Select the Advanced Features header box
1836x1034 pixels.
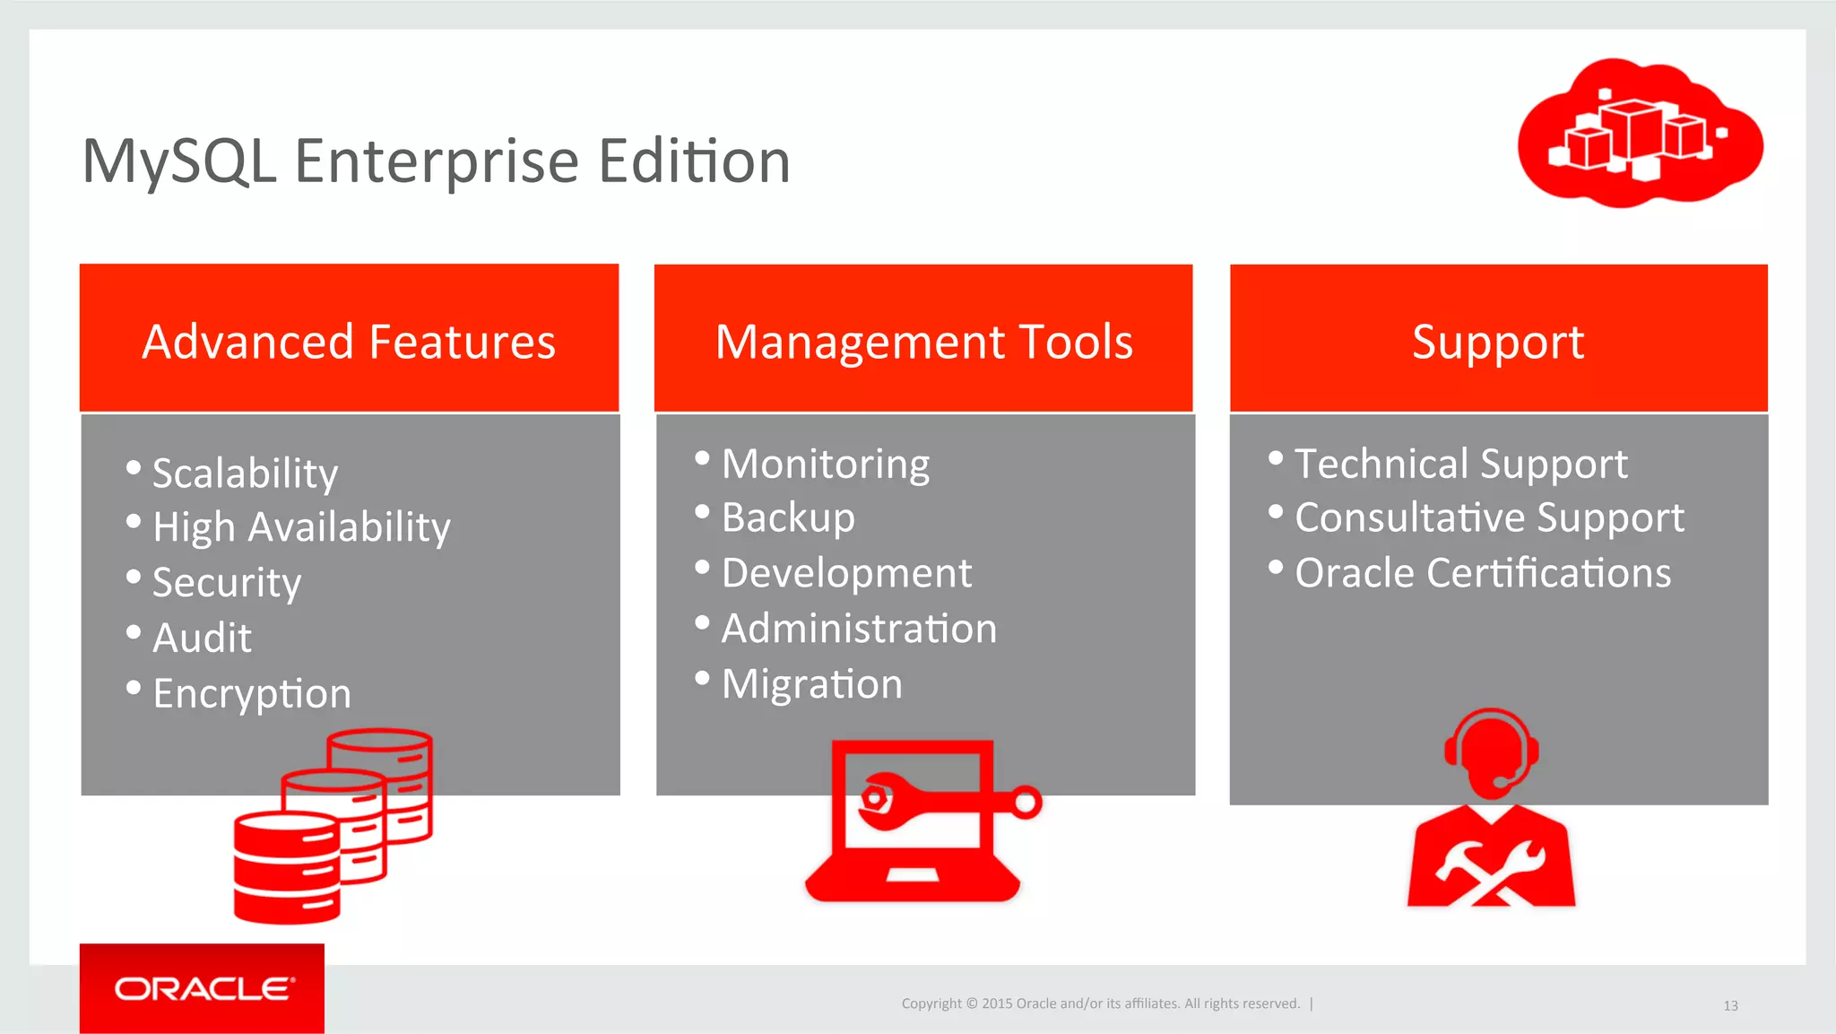pyautogui.click(x=349, y=339)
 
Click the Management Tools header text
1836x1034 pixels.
pyautogui.click(x=923, y=343)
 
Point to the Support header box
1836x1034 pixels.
pyautogui.click(x=1498, y=339)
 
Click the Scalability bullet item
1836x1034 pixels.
pyautogui.click(x=245, y=473)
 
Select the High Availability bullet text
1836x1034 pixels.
pyautogui.click(x=301, y=527)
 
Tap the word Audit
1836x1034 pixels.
pyautogui.click(x=202, y=638)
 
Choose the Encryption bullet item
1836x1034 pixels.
pyautogui.click(x=252, y=694)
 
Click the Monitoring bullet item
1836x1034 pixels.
pyautogui.click(x=825, y=465)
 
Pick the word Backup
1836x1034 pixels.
pyautogui.click(x=788, y=517)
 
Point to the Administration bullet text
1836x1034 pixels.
pyautogui.click(x=859, y=629)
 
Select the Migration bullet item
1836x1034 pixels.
pyautogui.click(x=811, y=684)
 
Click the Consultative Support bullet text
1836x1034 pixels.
pyautogui.click(x=1489, y=518)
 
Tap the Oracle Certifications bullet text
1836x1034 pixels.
pyautogui.click(x=1483, y=573)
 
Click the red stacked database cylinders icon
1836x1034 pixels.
pyautogui.click(x=332, y=825)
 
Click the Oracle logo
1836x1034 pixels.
pyautogui.click(x=203, y=988)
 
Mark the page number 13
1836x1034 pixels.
pyautogui.click(x=1730, y=1006)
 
